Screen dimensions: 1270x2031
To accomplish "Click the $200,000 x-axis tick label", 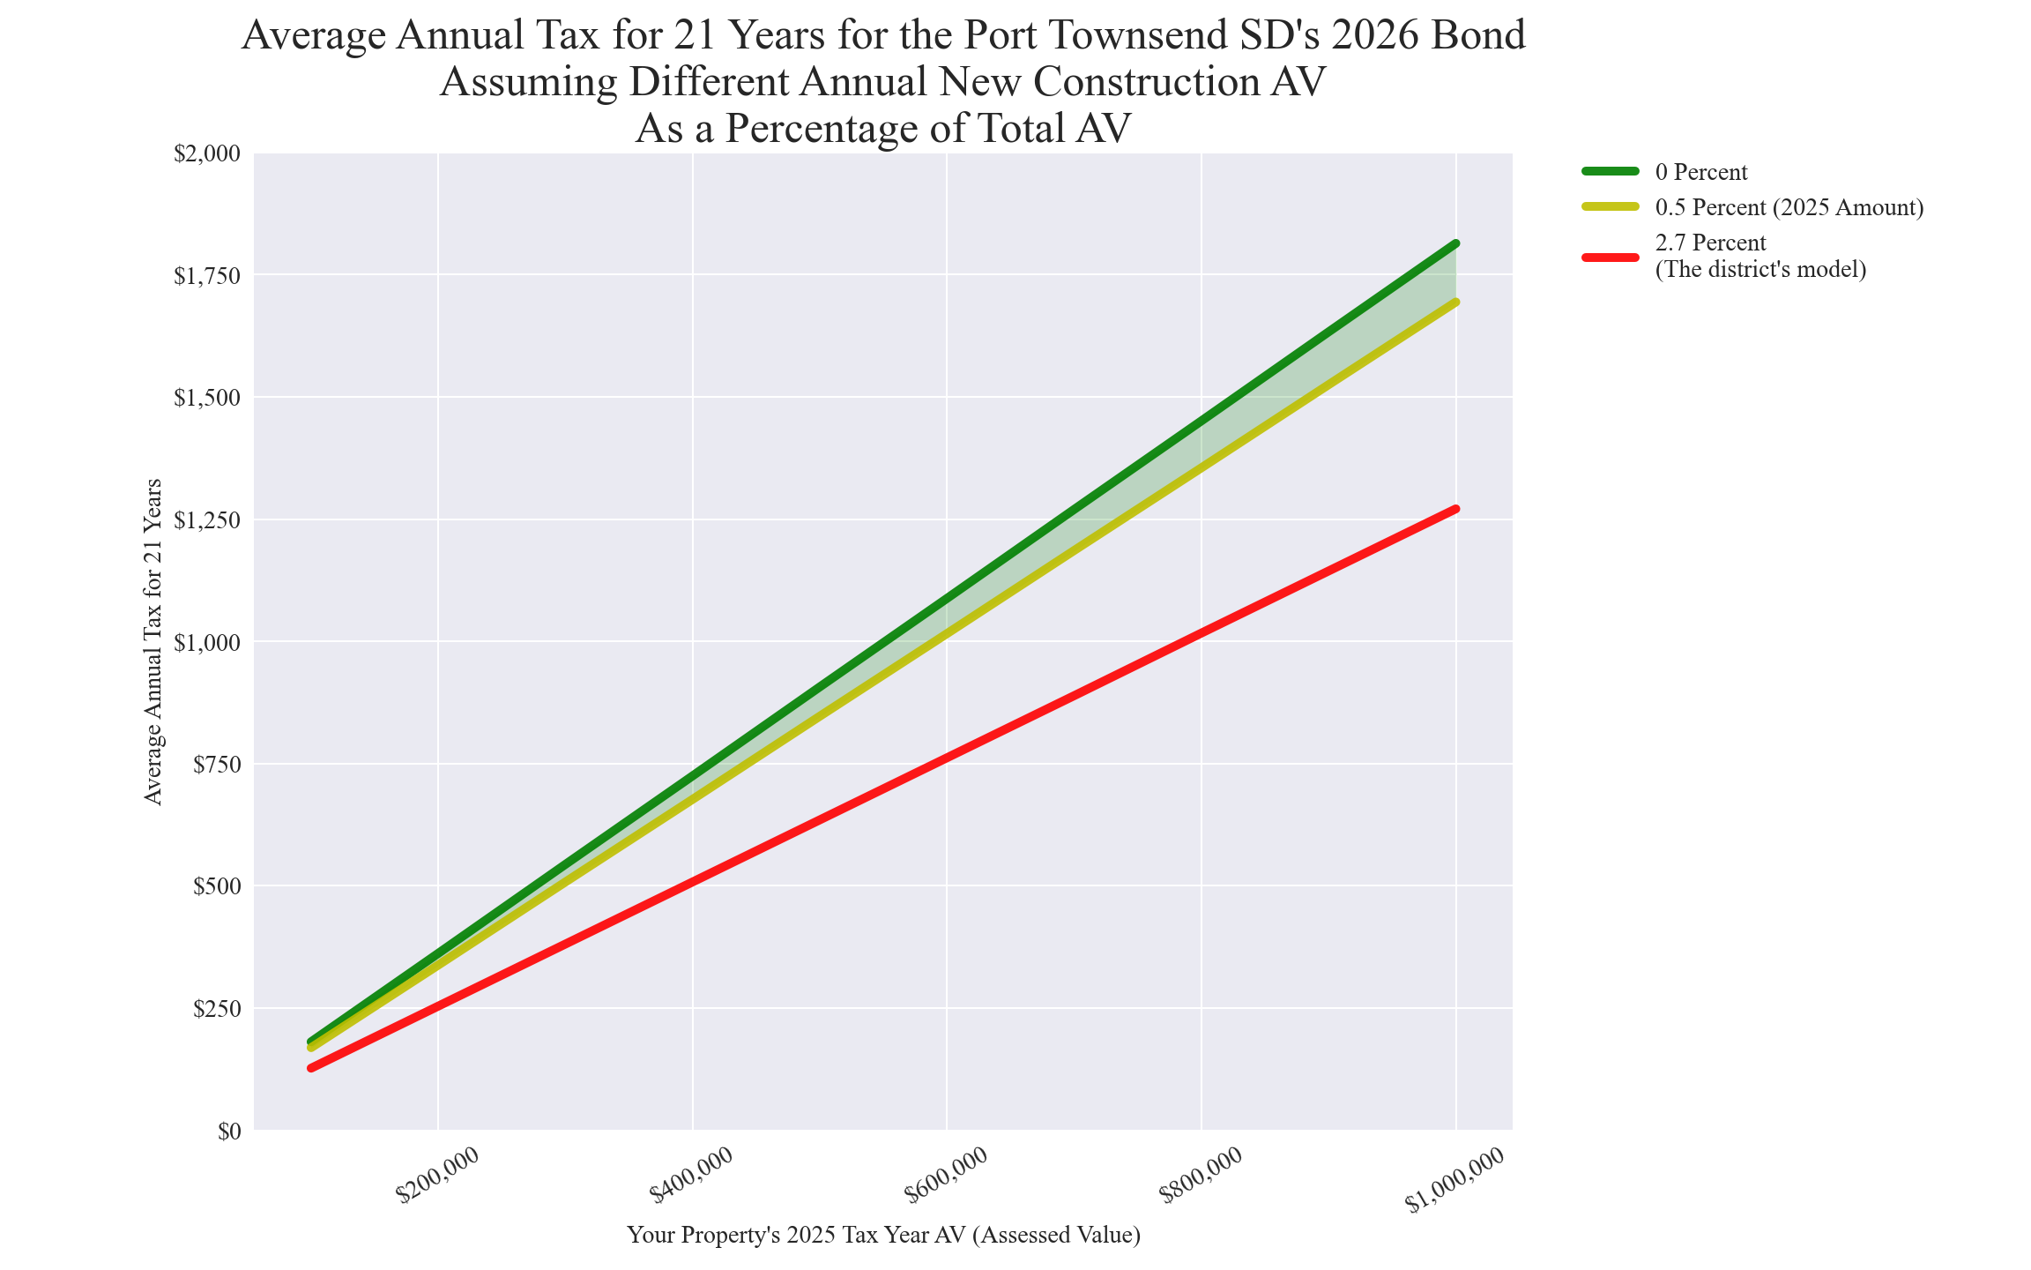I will (x=437, y=1175).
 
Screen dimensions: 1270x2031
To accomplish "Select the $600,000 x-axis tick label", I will (x=946, y=1175).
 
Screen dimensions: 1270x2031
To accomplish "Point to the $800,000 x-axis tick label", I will (x=1201, y=1175).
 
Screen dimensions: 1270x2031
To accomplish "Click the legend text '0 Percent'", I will (x=1701, y=172).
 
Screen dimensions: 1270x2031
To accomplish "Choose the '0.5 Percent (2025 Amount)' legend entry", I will (x=1789, y=207).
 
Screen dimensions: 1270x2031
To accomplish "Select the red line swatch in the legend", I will (x=1611, y=257).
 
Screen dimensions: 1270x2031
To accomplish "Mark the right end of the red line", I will (x=1456, y=509).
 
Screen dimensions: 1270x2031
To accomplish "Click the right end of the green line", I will (x=1456, y=243).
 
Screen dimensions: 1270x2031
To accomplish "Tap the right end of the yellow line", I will (x=1456, y=303).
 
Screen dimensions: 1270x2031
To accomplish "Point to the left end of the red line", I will (x=311, y=1068).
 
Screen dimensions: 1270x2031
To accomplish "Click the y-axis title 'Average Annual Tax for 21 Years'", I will (x=153, y=641).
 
